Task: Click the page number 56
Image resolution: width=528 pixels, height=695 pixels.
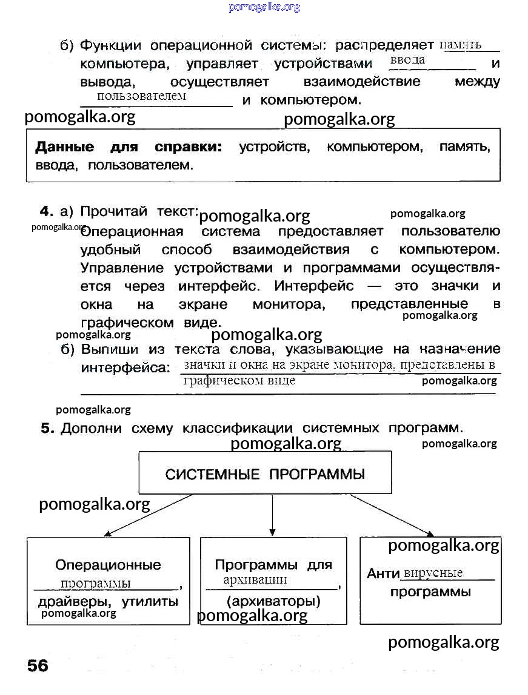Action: point(37,666)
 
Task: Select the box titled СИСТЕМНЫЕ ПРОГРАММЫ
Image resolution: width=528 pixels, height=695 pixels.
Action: point(265,473)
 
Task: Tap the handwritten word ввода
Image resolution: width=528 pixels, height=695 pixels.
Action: point(407,60)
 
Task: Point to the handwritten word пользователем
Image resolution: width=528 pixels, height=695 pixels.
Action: point(141,96)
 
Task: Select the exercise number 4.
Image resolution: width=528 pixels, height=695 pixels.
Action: point(46,211)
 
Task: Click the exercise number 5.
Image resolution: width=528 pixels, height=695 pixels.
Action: point(47,429)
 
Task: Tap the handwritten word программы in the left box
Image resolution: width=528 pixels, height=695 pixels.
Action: point(95,583)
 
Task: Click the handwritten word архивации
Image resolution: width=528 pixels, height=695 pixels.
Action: point(255,579)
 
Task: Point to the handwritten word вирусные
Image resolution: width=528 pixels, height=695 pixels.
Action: point(433,573)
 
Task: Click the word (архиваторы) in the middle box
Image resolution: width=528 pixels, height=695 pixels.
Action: point(273,602)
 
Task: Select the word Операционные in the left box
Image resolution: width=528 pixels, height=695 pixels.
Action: point(108,565)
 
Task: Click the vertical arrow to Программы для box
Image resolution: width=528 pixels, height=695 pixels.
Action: point(272,515)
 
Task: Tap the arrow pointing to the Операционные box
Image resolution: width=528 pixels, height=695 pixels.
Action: point(149,515)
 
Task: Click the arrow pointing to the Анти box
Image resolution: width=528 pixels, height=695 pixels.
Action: point(392,515)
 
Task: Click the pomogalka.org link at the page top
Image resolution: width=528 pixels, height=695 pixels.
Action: point(264,7)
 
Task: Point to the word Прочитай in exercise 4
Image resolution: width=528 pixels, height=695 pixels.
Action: point(114,211)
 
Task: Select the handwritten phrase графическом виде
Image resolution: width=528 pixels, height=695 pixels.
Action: point(239,380)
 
